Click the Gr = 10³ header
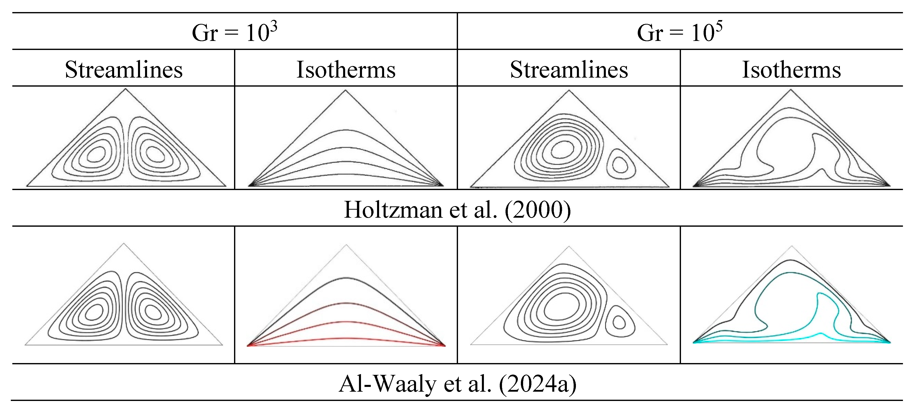click(x=234, y=33)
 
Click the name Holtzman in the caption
click(x=393, y=210)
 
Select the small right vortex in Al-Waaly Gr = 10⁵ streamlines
click(x=619, y=322)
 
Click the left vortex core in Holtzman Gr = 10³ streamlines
click(x=96, y=154)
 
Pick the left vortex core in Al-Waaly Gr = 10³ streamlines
click(x=95, y=312)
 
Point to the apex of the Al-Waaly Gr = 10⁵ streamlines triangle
click(x=569, y=247)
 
